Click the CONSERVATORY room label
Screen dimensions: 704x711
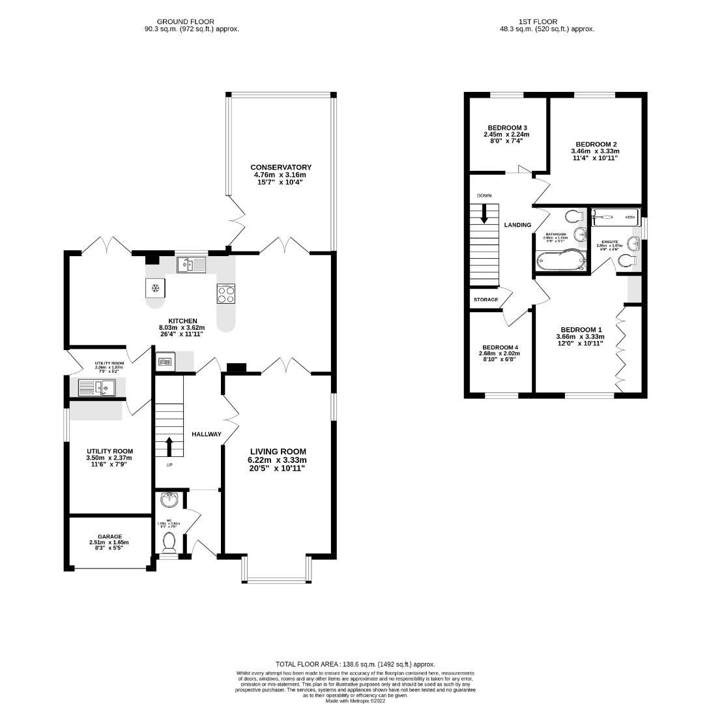point(281,168)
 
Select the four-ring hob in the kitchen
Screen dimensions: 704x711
point(225,294)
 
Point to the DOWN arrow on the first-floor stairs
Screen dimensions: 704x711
point(484,213)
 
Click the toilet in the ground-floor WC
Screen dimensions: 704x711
point(169,541)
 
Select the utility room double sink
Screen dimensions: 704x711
point(95,388)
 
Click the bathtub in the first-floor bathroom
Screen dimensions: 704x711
point(560,261)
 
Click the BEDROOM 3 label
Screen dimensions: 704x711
point(507,128)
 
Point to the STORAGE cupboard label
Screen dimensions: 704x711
point(486,300)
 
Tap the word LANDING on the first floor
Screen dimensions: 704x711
point(517,225)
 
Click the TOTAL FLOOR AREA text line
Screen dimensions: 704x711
point(355,664)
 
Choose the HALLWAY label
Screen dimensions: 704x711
point(206,434)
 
